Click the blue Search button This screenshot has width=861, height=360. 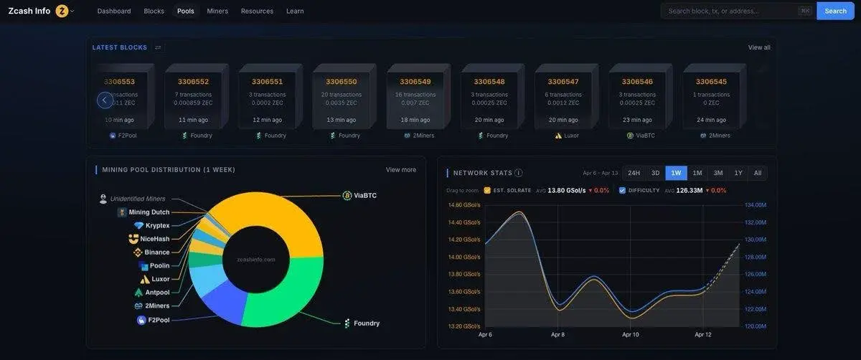point(835,11)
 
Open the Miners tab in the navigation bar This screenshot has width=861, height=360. point(217,11)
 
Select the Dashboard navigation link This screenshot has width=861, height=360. point(114,11)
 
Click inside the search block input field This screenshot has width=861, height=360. point(730,11)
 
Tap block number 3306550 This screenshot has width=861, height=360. point(341,82)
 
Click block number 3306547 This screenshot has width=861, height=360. point(563,82)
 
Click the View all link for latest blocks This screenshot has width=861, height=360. point(758,47)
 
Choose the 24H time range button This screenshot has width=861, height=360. point(634,173)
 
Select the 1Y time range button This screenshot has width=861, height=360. point(738,173)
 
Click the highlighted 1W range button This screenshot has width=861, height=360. point(676,173)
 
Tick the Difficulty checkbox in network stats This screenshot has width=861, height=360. point(622,191)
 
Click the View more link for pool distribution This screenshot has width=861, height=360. point(400,170)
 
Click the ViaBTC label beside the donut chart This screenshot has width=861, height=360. point(364,195)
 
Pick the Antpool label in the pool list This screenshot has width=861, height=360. point(156,293)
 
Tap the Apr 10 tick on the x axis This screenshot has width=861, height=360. point(631,335)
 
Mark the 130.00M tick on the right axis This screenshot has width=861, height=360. point(756,240)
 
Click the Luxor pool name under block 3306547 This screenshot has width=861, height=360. point(571,136)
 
